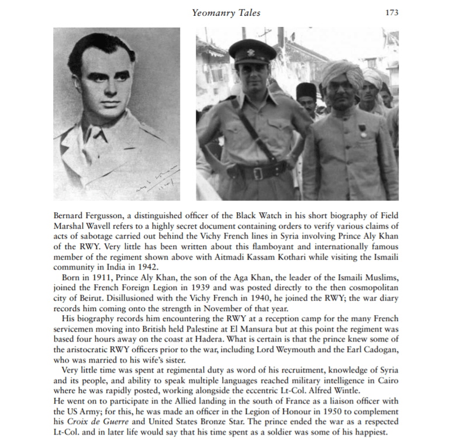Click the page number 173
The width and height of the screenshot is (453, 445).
[x=391, y=12]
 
